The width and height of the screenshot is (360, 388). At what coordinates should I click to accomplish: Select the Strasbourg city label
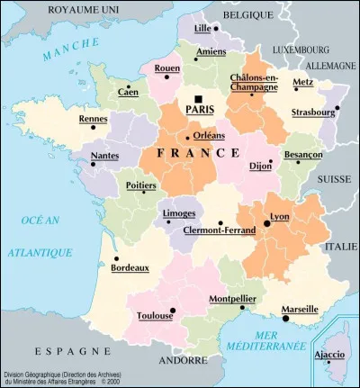[x=312, y=113]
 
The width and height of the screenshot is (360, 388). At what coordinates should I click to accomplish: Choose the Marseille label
[x=300, y=309]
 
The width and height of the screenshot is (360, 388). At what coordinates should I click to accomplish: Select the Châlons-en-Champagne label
[x=255, y=84]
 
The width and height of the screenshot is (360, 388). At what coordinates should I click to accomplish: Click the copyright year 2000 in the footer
[x=112, y=382]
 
